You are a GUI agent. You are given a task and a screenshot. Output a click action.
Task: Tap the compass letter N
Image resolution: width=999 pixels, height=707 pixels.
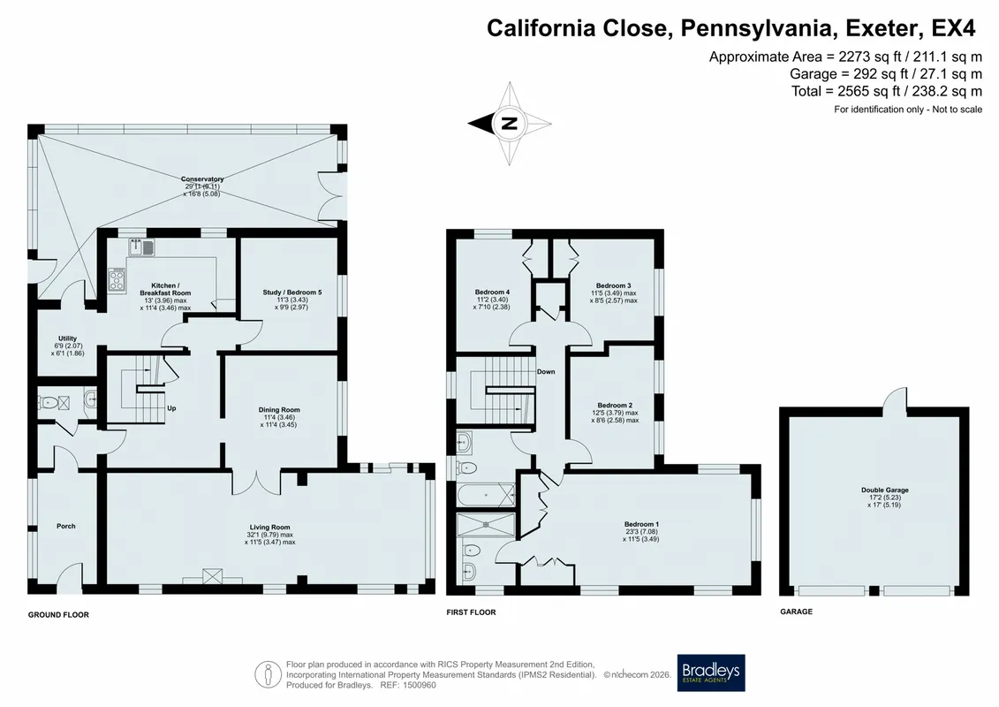[509, 123]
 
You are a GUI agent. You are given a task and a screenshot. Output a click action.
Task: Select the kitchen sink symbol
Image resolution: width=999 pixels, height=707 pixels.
[141, 247]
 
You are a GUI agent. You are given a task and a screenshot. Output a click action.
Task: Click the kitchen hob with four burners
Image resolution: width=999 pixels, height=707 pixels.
[117, 279]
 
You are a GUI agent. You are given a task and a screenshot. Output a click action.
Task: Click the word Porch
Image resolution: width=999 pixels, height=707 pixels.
[65, 526]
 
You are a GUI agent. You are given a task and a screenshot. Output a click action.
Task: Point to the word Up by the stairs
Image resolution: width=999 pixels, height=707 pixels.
[171, 408]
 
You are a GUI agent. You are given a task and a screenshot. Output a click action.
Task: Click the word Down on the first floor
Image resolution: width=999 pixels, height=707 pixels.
[546, 372]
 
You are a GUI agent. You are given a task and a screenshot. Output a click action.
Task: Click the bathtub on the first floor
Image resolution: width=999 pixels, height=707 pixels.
[486, 495]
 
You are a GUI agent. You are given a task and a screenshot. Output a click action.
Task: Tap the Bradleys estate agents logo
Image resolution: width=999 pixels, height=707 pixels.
[710, 673]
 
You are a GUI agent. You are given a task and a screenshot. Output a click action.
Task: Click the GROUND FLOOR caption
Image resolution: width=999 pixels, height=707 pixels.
[58, 614]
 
